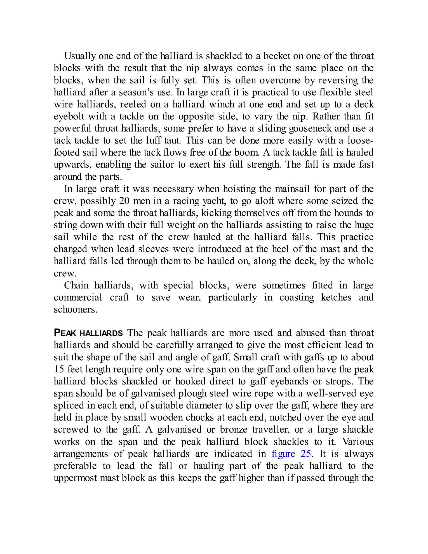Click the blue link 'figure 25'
(291, 454)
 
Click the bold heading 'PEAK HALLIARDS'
(88, 333)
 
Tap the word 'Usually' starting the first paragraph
(80, 56)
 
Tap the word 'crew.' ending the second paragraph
(65, 273)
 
